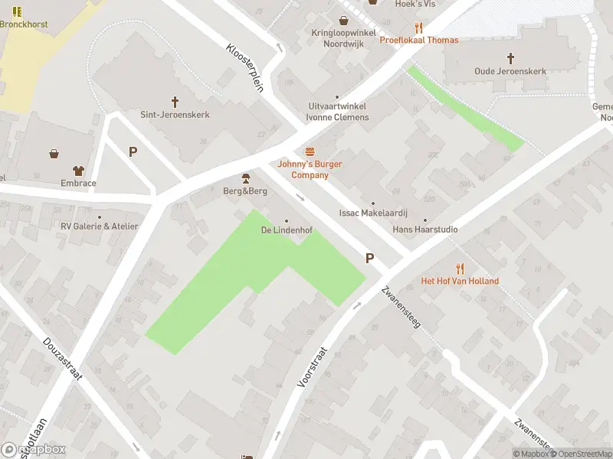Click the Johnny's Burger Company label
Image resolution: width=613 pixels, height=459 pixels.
pyautogui.click(x=310, y=169)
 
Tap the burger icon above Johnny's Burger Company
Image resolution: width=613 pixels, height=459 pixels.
pyautogui.click(x=310, y=151)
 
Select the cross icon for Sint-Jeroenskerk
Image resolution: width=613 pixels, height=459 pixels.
pyautogui.click(x=175, y=101)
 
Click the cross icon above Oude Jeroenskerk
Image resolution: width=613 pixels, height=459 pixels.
pyautogui.click(x=511, y=58)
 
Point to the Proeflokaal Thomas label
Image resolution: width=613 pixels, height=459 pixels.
pyautogui.click(x=419, y=40)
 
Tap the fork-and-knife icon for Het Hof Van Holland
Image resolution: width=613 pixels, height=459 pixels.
pyautogui.click(x=460, y=268)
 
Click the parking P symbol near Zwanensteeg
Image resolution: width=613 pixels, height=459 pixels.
pyautogui.click(x=370, y=259)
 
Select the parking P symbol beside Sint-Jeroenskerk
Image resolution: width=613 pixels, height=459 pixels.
pyautogui.click(x=133, y=151)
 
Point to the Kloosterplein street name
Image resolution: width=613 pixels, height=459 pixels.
pyautogui.click(x=245, y=67)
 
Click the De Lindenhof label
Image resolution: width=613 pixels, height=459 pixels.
pyautogui.click(x=287, y=230)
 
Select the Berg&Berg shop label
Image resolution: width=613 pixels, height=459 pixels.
pyautogui.click(x=245, y=190)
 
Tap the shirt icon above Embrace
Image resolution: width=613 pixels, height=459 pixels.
pyautogui.click(x=78, y=171)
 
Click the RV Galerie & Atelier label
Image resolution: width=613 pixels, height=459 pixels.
pyautogui.click(x=100, y=226)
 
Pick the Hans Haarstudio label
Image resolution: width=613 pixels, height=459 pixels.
pyautogui.click(x=425, y=229)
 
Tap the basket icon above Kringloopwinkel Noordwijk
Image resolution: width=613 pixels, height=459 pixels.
pyautogui.click(x=344, y=21)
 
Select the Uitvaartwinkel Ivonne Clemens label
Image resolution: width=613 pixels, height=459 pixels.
pyautogui.click(x=337, y=112)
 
